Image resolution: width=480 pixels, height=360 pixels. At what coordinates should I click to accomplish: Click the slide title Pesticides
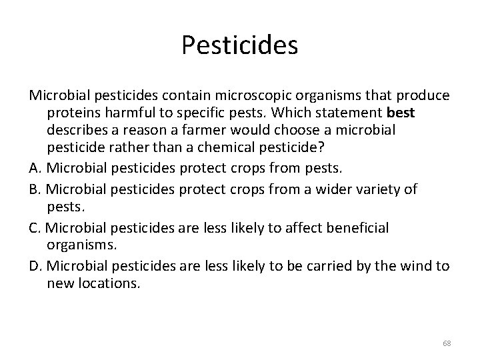[239, 45]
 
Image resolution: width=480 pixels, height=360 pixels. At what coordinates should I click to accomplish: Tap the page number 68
[447, 343]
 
